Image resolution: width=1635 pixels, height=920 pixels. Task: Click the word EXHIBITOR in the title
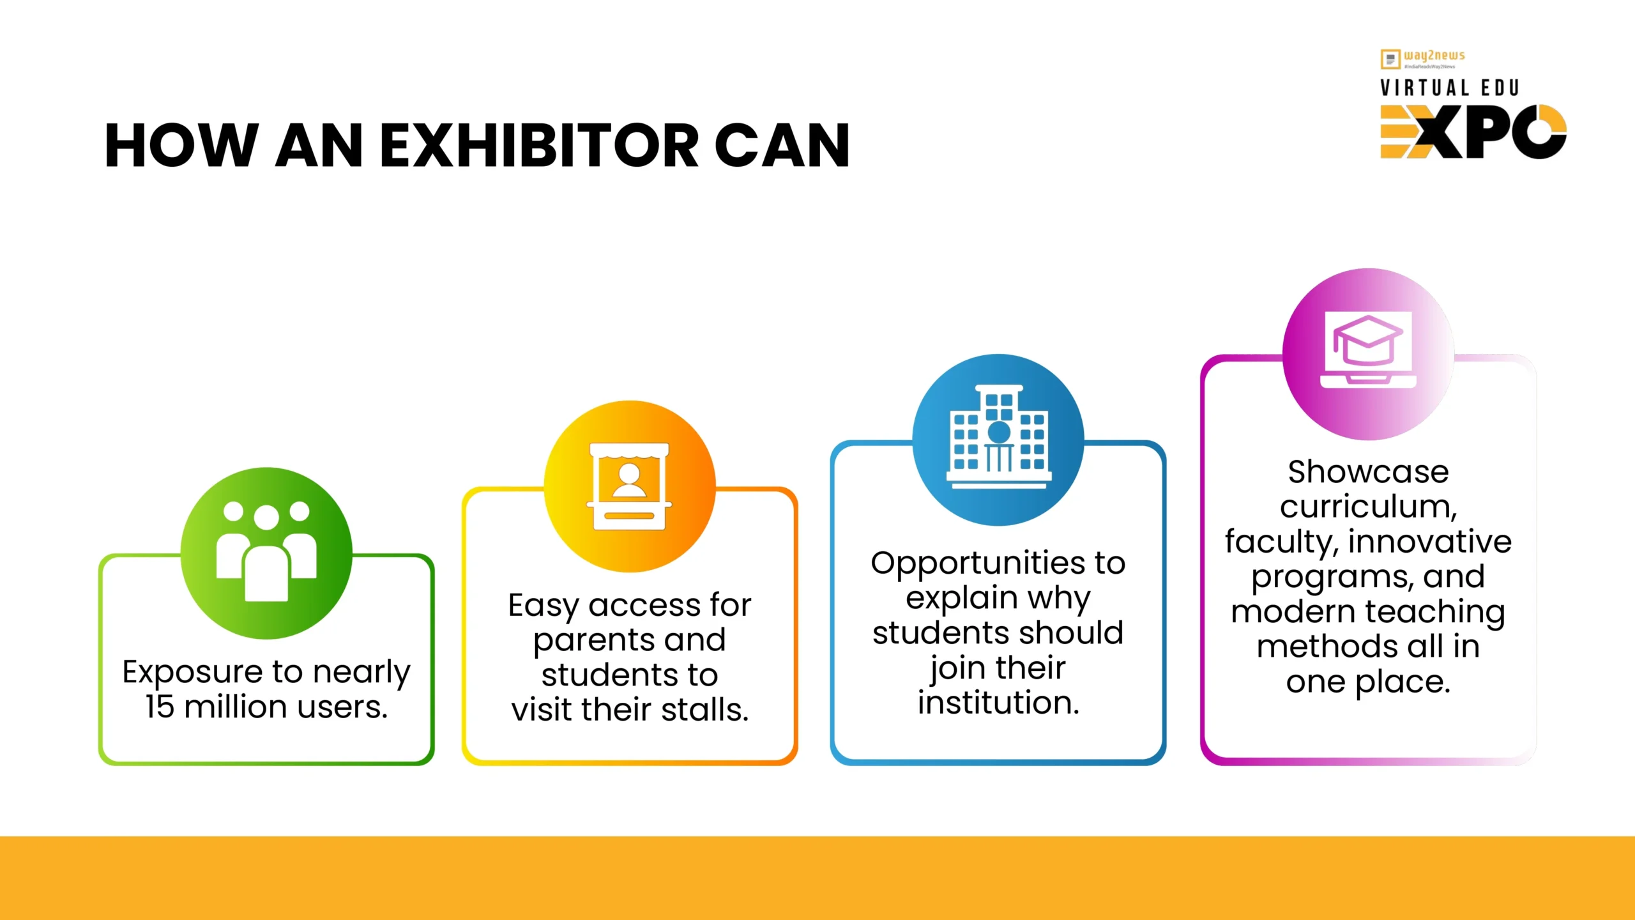540,146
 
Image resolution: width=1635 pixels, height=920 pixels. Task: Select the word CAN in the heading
782,146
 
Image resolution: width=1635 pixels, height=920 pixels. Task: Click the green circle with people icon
266,553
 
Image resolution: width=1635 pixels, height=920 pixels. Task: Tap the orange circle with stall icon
630,486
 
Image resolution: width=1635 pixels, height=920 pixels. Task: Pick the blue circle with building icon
998,440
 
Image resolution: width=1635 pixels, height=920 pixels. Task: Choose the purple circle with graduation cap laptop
1368,354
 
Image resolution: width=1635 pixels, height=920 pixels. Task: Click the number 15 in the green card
160,707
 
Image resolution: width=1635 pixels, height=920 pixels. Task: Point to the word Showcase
1368,472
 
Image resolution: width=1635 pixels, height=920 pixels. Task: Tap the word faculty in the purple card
1282,542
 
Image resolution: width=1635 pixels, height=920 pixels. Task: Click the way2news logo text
1434,56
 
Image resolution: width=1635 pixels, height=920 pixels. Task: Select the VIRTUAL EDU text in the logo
1450,88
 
